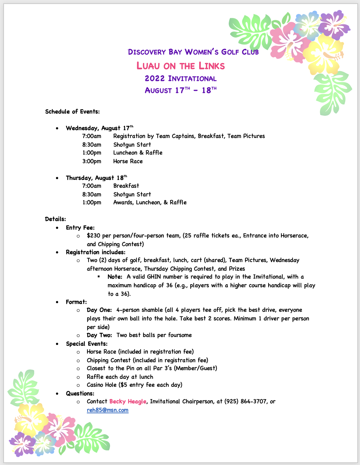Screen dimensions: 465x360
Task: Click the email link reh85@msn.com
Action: click(107, 410)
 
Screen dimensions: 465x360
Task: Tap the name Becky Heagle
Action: click(128, 402)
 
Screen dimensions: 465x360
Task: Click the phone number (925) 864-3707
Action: click(246, 402)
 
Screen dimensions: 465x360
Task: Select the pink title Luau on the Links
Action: click(181, 66)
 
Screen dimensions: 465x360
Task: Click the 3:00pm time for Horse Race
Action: click(92, 162)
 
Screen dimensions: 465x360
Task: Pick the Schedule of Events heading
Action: click(72, 112)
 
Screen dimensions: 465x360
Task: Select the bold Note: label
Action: click(115, 277)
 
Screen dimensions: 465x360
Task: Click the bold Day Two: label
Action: click(99, 335)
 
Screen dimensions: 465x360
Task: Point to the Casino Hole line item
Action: click(134, 385)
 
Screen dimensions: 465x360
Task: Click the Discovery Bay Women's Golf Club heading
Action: click(193, 52)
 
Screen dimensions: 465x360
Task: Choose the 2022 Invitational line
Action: click(181, 79)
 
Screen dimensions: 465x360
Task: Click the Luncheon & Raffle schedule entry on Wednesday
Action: click(138, 153)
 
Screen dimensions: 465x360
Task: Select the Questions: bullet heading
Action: click(80, 394)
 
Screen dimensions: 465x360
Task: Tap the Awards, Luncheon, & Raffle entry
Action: click(150, 203)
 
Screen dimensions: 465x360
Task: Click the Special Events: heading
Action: click(87, 344)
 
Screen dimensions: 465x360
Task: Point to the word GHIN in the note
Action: click(154, 277)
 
